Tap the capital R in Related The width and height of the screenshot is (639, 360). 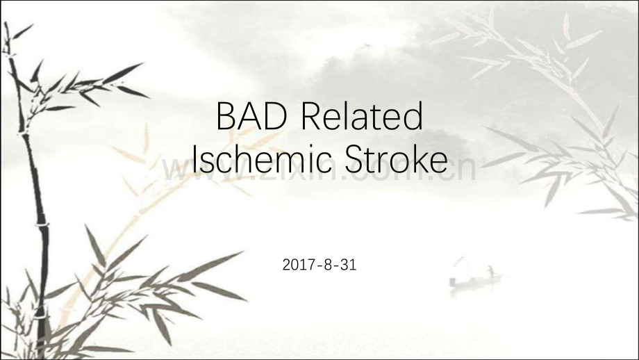(x=311, y=117)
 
